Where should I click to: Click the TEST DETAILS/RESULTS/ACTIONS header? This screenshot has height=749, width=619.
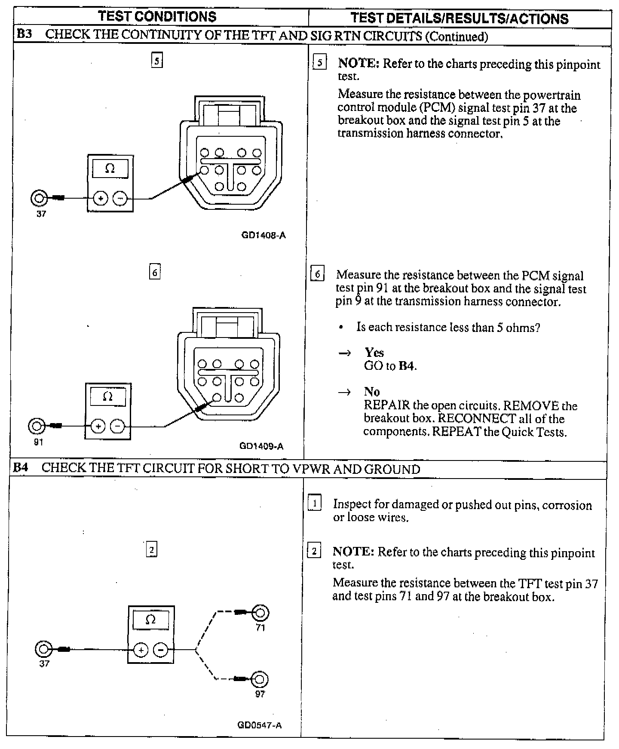[459, 18]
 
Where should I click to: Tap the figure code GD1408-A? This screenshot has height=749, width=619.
[264, 235]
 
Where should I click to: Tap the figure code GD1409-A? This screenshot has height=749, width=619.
[261, 446]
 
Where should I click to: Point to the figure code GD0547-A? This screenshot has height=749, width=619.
[260, 725]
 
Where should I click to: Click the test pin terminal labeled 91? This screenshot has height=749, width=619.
[36, 426]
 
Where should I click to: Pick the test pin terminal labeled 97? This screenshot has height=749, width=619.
[260, 679]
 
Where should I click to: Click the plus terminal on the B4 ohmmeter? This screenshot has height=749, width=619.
[141, 650]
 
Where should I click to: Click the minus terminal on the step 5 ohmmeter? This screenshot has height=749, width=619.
[120, 198]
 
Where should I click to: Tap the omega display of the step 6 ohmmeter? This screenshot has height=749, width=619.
[108, 396]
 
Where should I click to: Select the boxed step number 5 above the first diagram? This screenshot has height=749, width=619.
[157, 61]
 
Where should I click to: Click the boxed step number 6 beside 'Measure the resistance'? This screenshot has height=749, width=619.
[317, 274]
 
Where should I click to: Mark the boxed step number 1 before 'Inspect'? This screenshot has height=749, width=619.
[315, 503]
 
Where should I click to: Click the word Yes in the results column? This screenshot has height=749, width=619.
[374, 353]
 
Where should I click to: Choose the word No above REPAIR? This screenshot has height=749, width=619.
[372, 392]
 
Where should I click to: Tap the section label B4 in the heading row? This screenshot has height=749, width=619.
[21, 468]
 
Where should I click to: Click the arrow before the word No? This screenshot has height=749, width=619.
[344, 392]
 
